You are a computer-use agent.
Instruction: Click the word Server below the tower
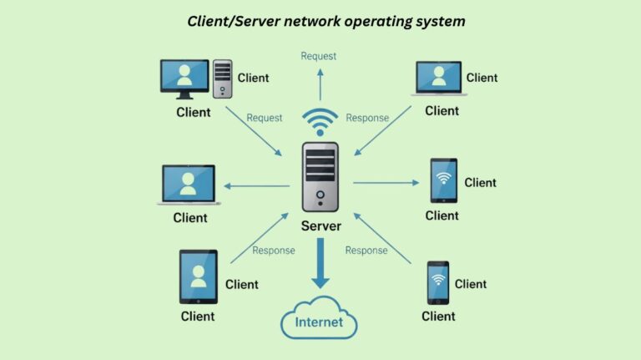(320, 226)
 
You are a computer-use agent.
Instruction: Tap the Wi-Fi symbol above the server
(320, 123)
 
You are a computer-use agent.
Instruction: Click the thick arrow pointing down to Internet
(320, 264)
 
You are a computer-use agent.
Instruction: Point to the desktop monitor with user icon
(184, 79)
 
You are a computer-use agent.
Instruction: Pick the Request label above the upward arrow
(318, 56)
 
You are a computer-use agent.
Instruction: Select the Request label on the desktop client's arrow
(264, 118)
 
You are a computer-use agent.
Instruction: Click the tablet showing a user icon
(198, 276)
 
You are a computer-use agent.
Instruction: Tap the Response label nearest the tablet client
(274, 251)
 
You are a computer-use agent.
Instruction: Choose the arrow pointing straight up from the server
(319, 84)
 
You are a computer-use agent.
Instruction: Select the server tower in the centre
(320, 176)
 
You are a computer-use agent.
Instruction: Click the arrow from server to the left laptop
(255, 185)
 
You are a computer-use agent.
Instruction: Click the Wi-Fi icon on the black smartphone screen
(443, 179)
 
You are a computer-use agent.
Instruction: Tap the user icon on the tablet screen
(198, 275)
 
